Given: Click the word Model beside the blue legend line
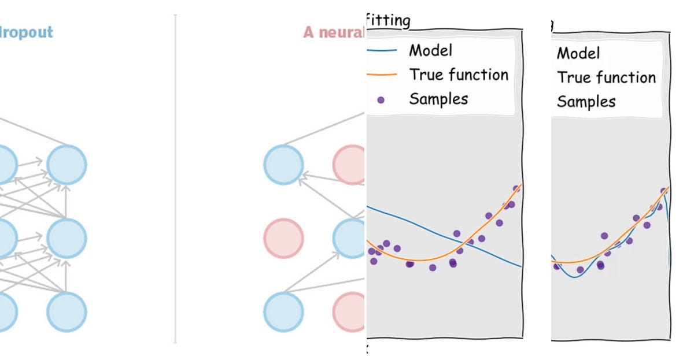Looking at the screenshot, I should click(431, 50).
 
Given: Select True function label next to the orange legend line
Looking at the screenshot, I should click(459, 75).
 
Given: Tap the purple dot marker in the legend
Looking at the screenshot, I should click(381, 100).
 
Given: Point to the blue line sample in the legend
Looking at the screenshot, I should click(382, 51).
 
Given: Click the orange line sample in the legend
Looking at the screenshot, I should click(382, 75).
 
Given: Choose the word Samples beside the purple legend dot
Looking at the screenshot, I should click(438, 99).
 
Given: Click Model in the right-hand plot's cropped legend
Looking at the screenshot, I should click(578, 53).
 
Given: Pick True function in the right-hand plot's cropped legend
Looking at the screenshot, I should click(606, 77).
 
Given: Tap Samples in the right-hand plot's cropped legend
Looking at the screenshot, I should click(586, 102).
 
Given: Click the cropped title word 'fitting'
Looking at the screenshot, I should click(389, 21).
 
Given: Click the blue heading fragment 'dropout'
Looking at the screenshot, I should click(27, 32).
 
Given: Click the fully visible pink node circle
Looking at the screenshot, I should click(283, 238).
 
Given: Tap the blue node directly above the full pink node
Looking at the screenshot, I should click(283, 165).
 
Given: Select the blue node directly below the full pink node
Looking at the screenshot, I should click(283, 312).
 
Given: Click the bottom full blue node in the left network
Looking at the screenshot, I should click(67, 312).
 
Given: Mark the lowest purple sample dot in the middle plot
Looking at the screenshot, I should click(432, 268).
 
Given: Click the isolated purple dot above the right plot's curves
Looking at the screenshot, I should click(604, 236).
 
